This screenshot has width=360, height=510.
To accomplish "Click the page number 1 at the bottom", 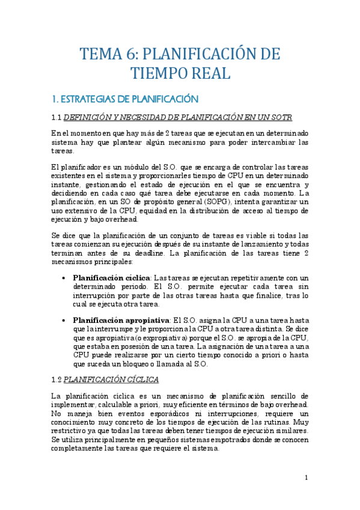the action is coord(306,478).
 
